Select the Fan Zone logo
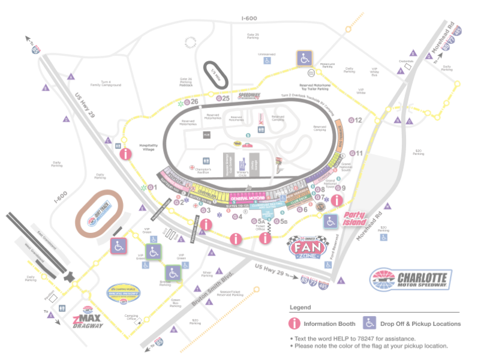pyautogui.click(x=309, y=246)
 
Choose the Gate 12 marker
pyautogui.click(x=356, y=121)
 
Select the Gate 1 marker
pyautogui.click(x=150, y=188)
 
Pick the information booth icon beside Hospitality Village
pyautogui.click(x=125, y=154)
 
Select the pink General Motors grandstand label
pyautogui.click(x=248, y=199)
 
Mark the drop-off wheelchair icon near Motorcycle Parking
pyautogui.click(x=304, y=58)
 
